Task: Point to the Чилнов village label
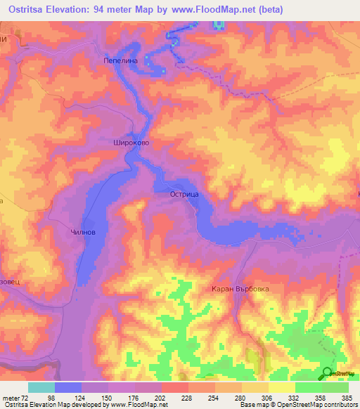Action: point(83,232)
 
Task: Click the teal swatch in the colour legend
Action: point(41,387)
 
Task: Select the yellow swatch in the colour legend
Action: point(281,387)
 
